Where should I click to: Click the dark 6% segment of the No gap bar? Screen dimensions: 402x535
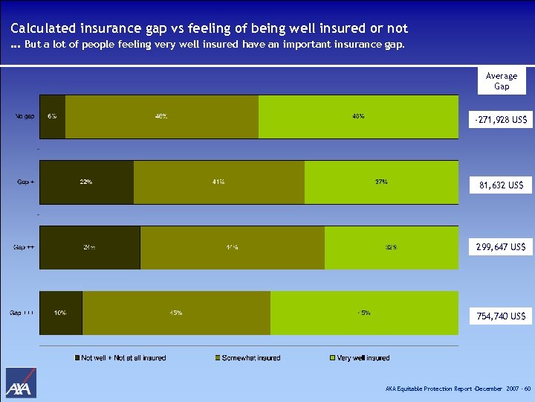coord(52,117)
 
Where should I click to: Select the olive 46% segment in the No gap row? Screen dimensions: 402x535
coord(161,117)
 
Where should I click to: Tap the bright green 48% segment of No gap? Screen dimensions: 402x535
coord(358,117)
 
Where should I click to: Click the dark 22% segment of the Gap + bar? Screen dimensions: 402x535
coord(86,182)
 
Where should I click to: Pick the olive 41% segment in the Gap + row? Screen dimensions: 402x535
coord(218,182)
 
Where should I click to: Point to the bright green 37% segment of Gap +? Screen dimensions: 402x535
coord(381,182)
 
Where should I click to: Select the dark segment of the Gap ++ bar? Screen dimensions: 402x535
coord(89,247)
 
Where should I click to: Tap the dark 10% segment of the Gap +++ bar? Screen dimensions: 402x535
coord(60,313)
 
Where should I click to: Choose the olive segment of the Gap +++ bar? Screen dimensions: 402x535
coord(176,313)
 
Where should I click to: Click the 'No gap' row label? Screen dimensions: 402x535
coord(25,117)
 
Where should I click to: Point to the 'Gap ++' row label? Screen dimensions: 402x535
coord(24,247)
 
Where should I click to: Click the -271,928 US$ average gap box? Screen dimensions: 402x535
coord(502,119)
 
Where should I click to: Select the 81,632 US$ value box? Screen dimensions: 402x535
coord(502,185)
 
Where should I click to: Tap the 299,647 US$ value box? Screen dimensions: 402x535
coord(502,246)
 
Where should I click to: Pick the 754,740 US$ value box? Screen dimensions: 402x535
coord(502,316)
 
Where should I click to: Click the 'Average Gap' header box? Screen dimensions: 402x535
coord(502,81)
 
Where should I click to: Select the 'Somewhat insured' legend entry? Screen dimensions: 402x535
coord(247,358)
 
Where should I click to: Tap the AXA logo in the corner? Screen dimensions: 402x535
coord(21,383)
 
